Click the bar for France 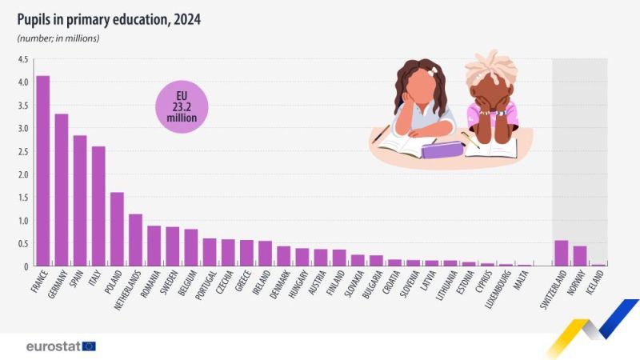pyautogui.click(x=43, y=170)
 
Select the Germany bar pyautogui.click(x=62, y=190)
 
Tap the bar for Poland pyautogui.click(x=117, y=229)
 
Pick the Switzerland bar pyautogui.click(x=562, y=253)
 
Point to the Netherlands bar pyautogui.click(x=135, y=240)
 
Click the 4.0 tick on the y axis pyautogui.click(x=23, y=82)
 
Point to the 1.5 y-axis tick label pyautogui.click(x=23, y=198)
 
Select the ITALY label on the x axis pyautogui.click(x=94, y=279)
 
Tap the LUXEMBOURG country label pyautogui.click(x=498, y=290)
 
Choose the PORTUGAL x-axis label pyautogui.click(x=206, y=286)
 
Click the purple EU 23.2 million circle pyautogui.click(x=182, y=107)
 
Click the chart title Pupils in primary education pyautogui.click(x=109, y=19)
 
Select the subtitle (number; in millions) pyautogui.click(x=58, y=38)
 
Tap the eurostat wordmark pyautogui.click(x=54, y=346)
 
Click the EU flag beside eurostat pyautogui.click(x=89, y=346)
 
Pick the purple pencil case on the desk pyautogui.click(x=442, y=150)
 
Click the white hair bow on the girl pyautogui.click(x=432, y=71)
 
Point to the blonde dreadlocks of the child pyautogui.click(x=491, y=68)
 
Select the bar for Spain pyautogui.click(x=80, y=201)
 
